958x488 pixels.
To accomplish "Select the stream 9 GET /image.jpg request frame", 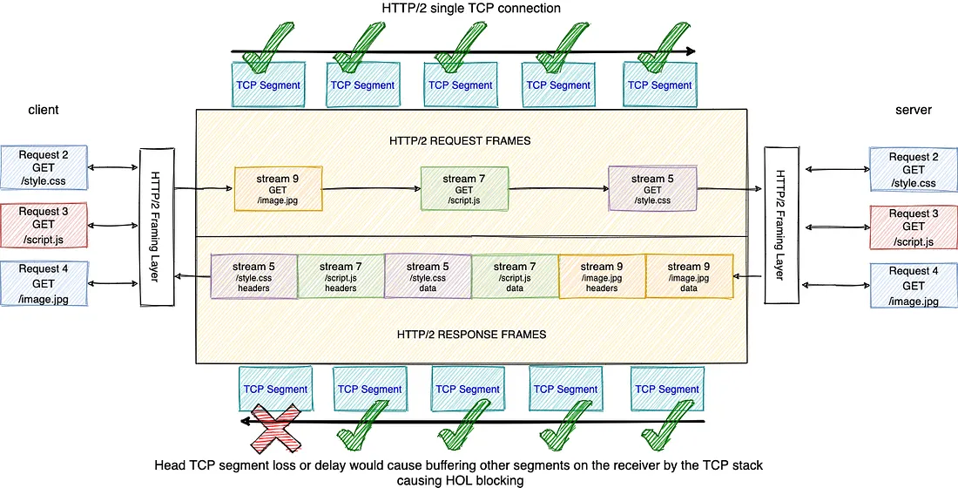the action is (278, 188).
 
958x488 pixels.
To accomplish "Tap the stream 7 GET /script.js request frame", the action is (464, 188).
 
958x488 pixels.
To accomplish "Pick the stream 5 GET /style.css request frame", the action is (652, 188).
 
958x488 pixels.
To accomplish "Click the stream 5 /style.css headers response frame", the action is (254, 277).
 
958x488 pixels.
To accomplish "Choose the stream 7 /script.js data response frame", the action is (515, 277).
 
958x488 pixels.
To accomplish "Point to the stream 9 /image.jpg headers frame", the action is (603, 277).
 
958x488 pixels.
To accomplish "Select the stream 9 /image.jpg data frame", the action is (689, 277).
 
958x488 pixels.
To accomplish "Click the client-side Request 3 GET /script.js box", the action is (44, 226).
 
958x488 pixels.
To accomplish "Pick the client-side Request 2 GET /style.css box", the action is (44, 167).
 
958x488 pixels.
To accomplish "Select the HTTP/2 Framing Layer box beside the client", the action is (157, 227).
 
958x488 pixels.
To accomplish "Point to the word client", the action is (44, 110).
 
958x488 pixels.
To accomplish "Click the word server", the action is (914, 110).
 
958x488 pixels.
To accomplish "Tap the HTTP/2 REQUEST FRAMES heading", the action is (460, 140).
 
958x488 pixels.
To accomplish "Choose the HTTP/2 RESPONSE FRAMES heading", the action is (471, 335).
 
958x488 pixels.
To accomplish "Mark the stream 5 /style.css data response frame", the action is (428, 277).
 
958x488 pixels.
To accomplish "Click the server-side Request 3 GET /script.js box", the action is (914, 227).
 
